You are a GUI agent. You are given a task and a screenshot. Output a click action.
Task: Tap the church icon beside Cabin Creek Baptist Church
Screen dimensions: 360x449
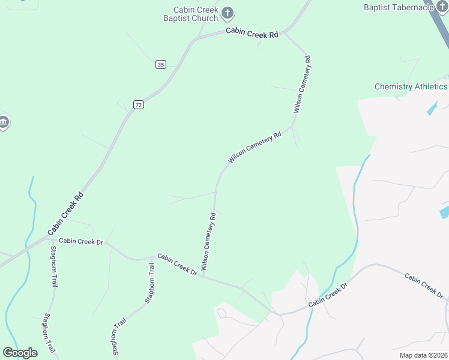tap(228, 13)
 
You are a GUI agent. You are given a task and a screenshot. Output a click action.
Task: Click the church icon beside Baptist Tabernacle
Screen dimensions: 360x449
tap(442, 7)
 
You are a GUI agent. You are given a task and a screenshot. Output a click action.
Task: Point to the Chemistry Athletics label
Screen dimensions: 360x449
tap(411, 86)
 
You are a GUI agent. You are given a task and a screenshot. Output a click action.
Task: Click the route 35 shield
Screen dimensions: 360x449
tap(160, 64)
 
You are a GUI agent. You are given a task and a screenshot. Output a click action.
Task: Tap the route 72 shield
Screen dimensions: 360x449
tap(139, 104)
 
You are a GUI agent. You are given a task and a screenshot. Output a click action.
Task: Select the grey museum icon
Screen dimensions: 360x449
tap(4, 123)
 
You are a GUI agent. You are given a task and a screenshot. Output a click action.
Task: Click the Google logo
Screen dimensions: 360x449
tap(20, 352)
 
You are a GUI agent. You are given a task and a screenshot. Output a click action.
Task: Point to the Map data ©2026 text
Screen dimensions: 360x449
tap(423, 355)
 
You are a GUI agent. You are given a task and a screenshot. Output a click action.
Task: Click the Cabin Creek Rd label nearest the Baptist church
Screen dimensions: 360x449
tap(252, 33)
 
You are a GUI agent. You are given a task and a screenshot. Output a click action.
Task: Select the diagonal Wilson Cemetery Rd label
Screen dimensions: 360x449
tap(255, 148)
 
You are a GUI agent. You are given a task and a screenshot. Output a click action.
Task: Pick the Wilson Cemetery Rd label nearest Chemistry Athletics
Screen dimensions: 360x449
tap(301, 85)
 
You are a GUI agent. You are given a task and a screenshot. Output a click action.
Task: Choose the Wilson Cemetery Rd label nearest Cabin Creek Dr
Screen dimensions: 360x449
tap(208, 241)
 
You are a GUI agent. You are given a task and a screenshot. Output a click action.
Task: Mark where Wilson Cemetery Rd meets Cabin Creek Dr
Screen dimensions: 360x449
tap(203, 277)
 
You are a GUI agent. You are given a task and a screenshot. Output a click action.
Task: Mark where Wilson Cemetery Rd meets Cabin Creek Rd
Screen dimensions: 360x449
tap(285, 33)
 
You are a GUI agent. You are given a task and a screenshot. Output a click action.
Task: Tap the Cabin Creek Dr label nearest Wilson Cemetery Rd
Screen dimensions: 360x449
tap(178, 264)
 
